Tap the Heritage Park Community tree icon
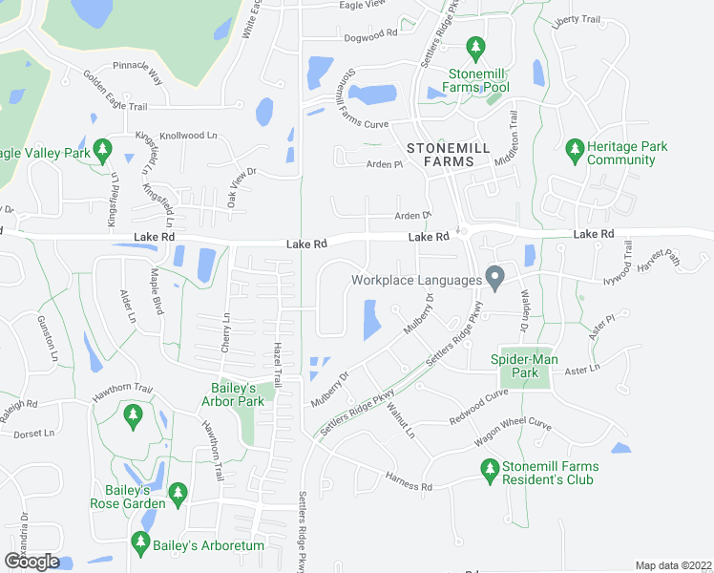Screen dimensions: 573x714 574,148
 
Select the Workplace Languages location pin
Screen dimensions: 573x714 494,278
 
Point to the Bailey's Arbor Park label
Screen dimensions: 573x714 242,394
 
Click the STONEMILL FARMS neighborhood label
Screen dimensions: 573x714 440,155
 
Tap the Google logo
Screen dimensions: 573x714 31,562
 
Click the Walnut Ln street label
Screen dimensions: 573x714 401,420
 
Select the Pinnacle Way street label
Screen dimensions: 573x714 137,73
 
